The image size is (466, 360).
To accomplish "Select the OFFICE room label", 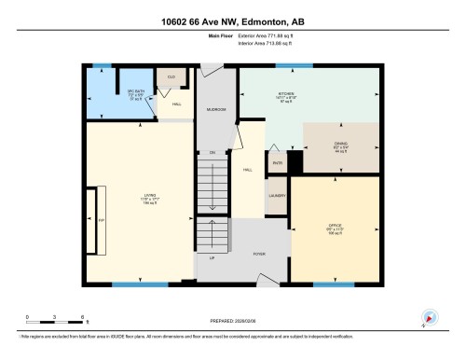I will [334, 225].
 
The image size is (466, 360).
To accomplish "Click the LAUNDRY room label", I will [277, 196].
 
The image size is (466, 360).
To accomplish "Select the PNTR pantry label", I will [277, 162].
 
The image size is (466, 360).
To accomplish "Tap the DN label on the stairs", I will [212, 152].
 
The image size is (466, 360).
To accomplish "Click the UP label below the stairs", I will [212, 258].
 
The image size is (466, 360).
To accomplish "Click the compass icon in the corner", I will [430, 317].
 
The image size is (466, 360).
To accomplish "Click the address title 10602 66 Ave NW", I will [233, 21].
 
